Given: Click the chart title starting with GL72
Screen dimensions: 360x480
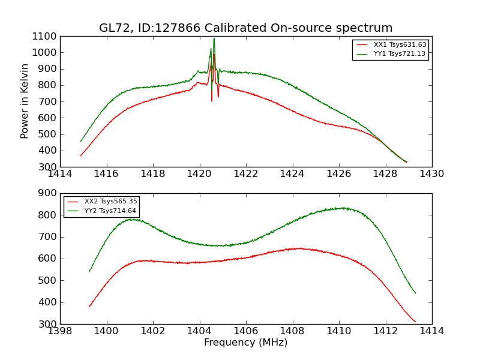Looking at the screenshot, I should (245, 28).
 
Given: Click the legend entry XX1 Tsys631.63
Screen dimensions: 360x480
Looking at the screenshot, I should (400, 45).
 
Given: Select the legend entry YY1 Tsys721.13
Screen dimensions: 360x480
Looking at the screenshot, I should (400, 54).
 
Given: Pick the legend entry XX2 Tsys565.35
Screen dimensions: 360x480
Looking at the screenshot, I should (110, 202).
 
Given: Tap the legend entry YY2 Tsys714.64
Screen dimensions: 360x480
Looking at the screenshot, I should (110, 211).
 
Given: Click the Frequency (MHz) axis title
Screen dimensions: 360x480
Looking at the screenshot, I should (245, 343).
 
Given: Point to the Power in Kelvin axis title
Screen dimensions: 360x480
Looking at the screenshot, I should (25, 101).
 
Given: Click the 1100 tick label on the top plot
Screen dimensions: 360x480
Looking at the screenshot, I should (45, 36).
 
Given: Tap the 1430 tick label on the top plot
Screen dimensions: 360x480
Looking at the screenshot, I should (431, 174).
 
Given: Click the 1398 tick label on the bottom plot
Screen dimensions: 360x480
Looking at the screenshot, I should (60, 331).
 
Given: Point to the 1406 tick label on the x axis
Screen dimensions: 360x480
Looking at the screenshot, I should (245, 331).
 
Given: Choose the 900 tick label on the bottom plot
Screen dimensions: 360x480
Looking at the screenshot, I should (48, 193).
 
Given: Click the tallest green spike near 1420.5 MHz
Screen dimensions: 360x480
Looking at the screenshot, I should (214, 39).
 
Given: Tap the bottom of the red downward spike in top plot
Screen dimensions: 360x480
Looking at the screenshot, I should (211, 100).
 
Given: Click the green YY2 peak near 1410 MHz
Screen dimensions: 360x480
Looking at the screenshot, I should (343, 208).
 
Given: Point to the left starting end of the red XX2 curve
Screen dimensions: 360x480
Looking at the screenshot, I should (89, 307).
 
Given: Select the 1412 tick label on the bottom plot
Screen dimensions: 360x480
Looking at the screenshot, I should (385, 331).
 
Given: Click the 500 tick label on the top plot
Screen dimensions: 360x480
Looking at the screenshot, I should (48, 134).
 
